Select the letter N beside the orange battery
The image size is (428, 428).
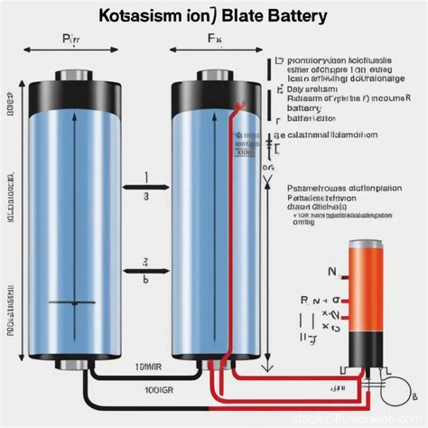tap(331, 272)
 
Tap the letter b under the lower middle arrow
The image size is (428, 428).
tap(144, 281)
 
